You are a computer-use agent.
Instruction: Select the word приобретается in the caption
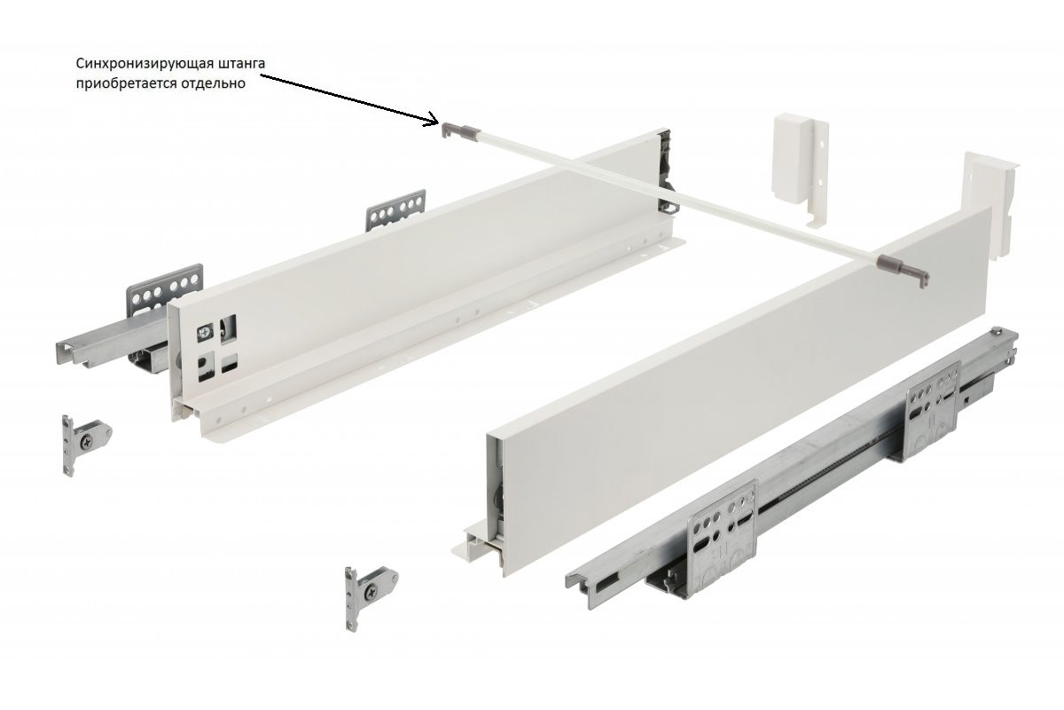(125, 83)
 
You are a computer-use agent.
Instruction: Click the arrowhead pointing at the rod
(434, 120)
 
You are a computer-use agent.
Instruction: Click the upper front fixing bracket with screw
(85, 444)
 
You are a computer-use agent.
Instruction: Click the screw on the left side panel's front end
(205, 333)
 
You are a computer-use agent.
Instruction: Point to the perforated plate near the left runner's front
(164, 289)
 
